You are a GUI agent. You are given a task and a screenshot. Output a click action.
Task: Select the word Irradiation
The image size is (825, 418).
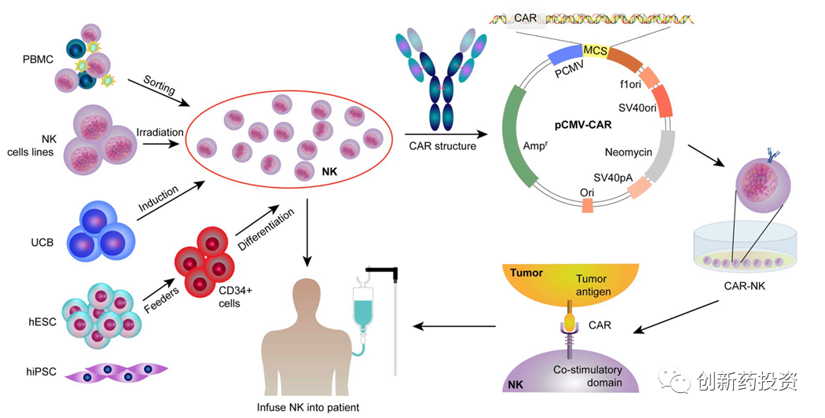click(x=160, y=132)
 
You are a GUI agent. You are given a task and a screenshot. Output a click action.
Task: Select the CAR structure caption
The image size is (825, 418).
click(x=442, y=145)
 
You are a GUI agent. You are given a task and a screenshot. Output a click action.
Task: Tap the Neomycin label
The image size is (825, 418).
click(x=629, y=152)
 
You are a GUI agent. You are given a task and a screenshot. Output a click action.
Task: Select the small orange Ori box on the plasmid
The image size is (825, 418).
click(x=587, y=205)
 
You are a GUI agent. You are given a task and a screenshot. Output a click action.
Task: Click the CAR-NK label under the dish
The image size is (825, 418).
click(x=743, y=285)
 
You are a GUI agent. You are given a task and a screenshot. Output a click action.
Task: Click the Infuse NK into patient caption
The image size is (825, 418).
click(x=309, y=407)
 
